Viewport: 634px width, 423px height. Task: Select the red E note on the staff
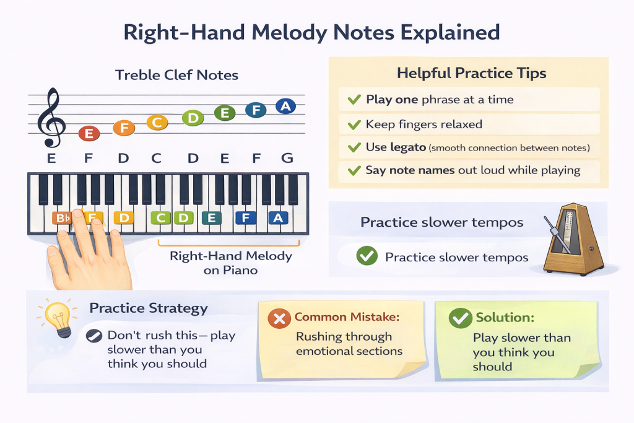[89, 133]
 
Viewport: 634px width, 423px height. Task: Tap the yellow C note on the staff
[157, 123]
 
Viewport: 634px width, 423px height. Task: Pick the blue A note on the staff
[285, 107]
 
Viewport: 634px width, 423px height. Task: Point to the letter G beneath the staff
[287, 159]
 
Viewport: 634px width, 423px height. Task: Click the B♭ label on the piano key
[63, 218]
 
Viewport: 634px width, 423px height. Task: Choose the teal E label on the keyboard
[212, 217]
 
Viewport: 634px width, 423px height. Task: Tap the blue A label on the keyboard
[278, 217]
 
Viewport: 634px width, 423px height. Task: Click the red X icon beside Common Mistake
[279, 319]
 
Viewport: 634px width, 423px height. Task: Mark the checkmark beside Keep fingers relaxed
[354, 124]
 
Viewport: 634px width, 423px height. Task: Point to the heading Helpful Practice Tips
[471, 73]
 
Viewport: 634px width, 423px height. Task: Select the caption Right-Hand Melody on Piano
[230, 263]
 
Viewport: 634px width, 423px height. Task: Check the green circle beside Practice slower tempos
[367, 256]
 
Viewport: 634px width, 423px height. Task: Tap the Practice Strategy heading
[149, 308]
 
